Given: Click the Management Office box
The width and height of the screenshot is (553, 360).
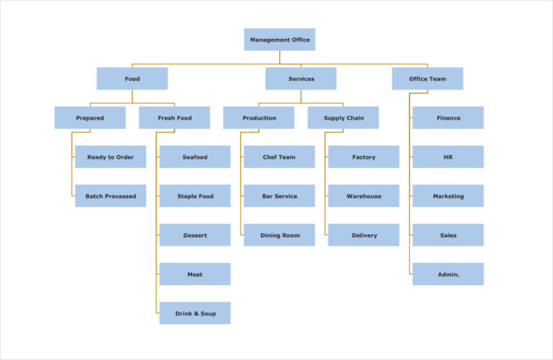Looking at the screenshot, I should (279, 40).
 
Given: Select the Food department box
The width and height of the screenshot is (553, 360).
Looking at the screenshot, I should (132, 78).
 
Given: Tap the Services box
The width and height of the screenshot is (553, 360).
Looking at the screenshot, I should (300, 78).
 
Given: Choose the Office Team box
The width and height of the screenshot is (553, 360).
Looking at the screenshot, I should (427, 78).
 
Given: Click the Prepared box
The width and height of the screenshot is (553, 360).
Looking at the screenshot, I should (90, 117).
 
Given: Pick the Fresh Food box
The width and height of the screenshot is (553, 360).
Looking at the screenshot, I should (174, 117).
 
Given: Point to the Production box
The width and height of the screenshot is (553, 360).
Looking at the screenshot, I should (258, 117).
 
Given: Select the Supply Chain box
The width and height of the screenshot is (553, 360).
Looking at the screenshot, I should (343, 117).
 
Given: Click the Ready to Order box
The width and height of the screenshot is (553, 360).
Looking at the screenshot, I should (110, 157).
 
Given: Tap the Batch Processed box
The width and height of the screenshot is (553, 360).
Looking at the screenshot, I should (110, 196).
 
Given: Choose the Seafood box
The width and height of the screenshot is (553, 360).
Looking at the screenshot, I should (194, 157).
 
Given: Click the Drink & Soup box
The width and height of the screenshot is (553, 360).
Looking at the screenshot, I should (194, 313).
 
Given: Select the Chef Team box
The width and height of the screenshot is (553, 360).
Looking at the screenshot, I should (279, 157).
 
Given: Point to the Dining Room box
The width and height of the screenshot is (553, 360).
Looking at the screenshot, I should (279, 235).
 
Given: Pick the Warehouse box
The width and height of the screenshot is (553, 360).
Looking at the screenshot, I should (364, 196).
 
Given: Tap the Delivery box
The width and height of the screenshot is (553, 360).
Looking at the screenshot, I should (364, 235).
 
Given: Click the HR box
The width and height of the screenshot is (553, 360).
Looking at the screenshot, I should (448, 157).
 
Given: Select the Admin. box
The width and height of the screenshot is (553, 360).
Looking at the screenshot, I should (448, 274).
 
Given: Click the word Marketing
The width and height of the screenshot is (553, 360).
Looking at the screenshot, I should (448, 196).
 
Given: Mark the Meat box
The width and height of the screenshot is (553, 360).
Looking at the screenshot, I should (194, 274).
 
